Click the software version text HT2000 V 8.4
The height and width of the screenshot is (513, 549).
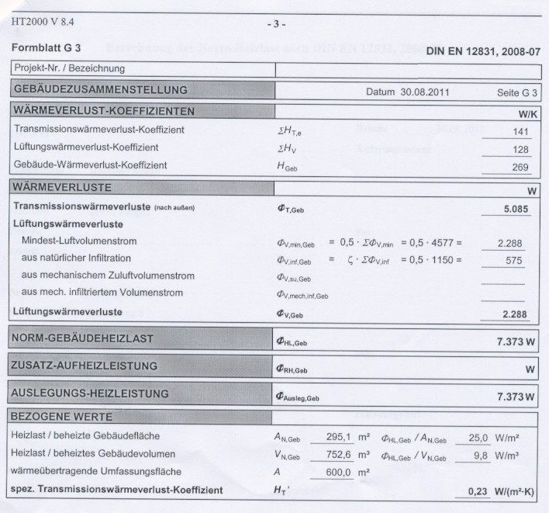[44, 21]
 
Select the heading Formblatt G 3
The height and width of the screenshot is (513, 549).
[47, 47]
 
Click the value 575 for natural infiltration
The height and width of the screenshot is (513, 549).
[514, 261]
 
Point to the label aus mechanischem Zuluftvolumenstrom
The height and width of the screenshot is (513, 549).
[108, 276]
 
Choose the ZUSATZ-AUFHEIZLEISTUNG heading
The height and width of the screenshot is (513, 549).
[85, 366]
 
